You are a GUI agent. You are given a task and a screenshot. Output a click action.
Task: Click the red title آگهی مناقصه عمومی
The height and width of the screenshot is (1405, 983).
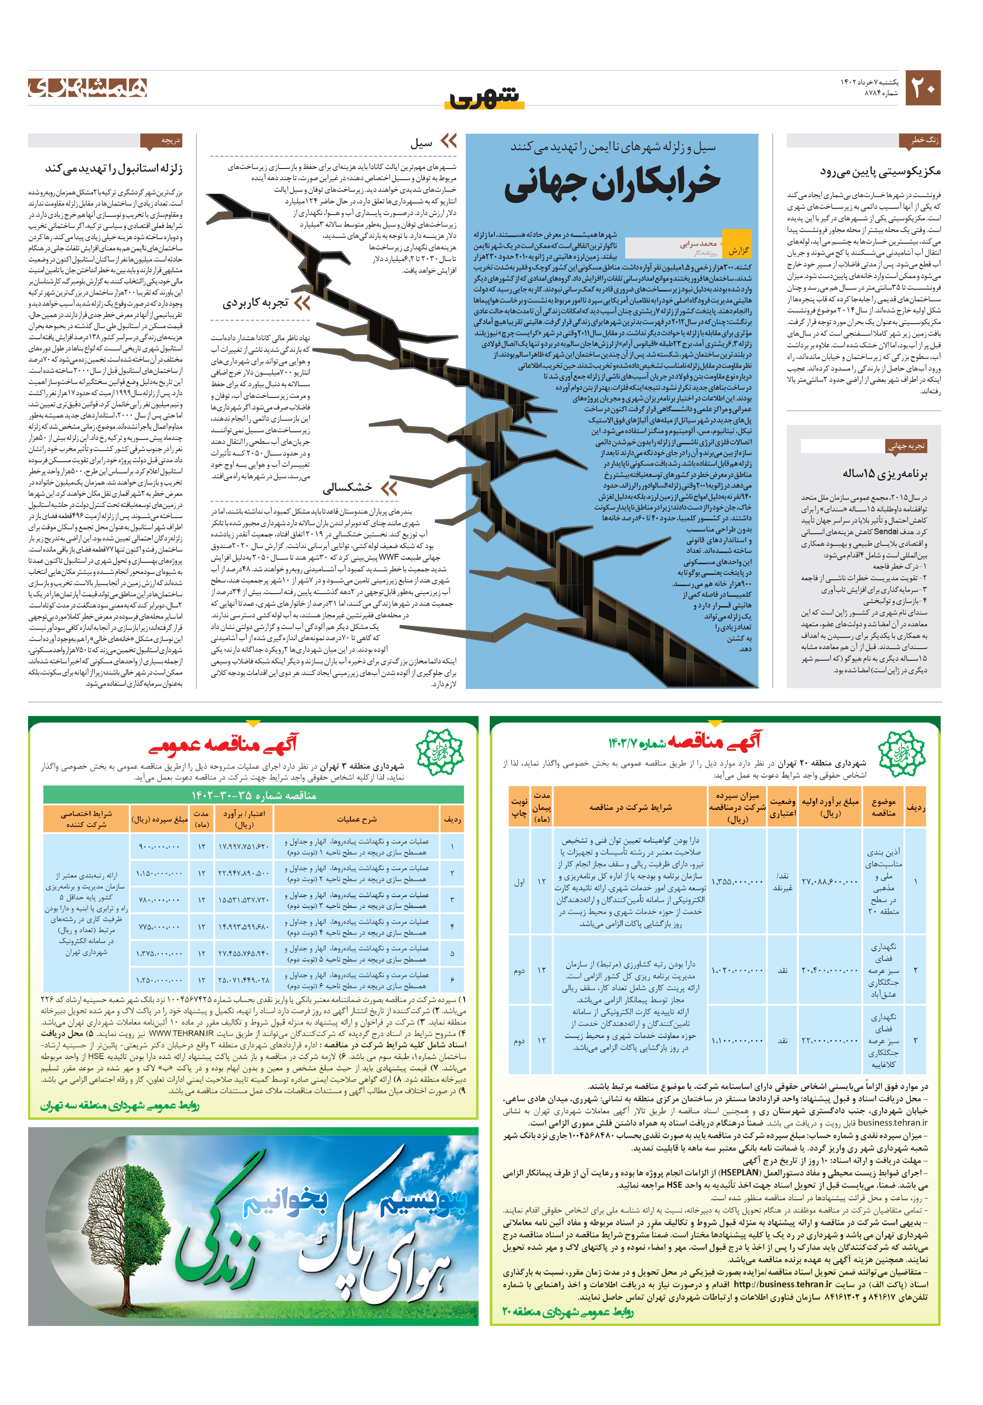pyautogui.click(x=223, y=745)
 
